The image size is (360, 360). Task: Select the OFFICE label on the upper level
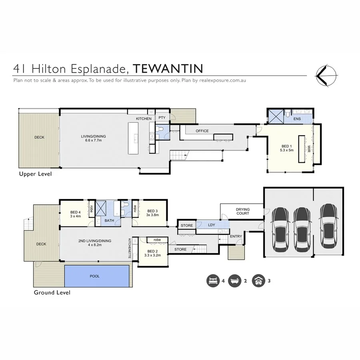(202, 131)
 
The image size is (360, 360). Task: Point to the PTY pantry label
(162, 118)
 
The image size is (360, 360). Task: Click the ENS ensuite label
(297, 119)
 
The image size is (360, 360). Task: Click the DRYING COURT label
(242, 211)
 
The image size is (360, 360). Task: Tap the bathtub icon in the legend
(235, 281)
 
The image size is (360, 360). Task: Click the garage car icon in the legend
(258, 281)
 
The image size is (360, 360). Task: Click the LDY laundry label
(212, 226)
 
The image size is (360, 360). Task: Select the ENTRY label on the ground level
(236, 236)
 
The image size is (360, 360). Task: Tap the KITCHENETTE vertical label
(130, 248)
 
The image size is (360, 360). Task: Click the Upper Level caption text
(36, 174)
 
